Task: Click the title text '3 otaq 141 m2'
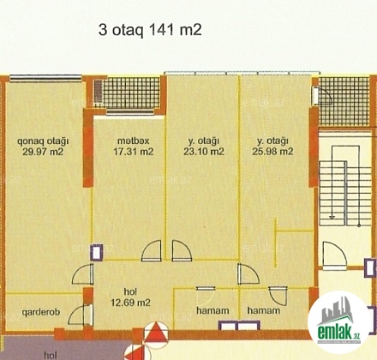pyautogui.click(x=150, y=30)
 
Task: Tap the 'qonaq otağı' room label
pyautogui.click(x=43, y=141)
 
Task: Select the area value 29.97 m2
pyautogui.click(x=43, y=152)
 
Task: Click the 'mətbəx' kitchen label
pyautogui.click(x=134, y=141)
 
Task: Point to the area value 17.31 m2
pyautogui.click(x=134, y=151)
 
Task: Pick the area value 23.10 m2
pyautogui.click(x=204, y=151)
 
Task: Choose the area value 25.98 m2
pyautogui.click(x=272, y=151)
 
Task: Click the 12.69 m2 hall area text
pyautogui.click(x=130, y=303)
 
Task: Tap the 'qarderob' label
pyautogui.click(x=41, y=312)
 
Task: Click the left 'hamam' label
pyautogui.click(x=212, y=310)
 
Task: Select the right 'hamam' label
pyautogui.click(x=264, y=310)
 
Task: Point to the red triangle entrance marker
pyautogui.click(x=155, y=332)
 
